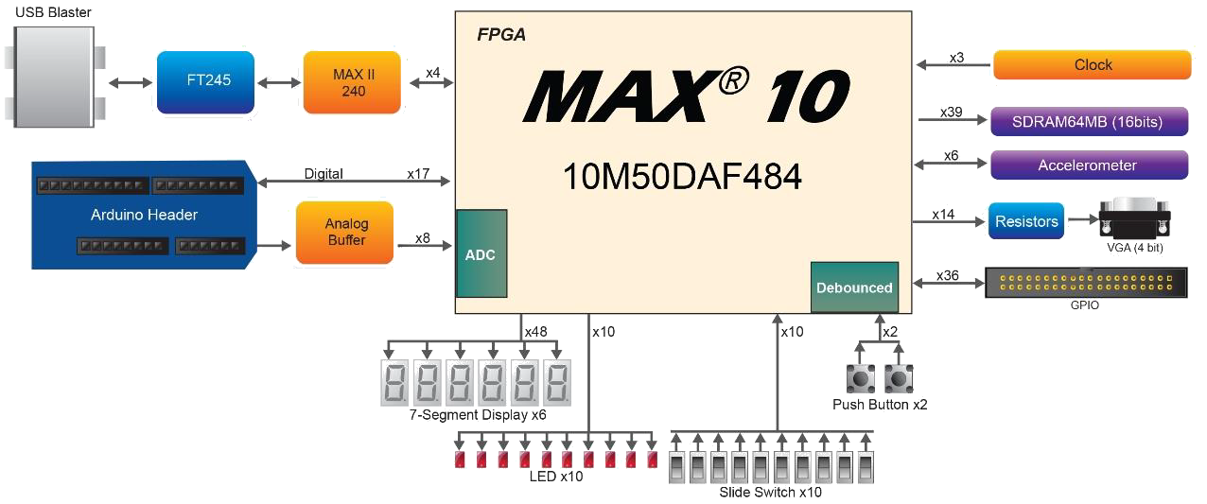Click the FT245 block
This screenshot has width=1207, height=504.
[206, 81]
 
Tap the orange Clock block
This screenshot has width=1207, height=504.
[1092, 65]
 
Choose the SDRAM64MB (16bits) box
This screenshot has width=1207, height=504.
[1088, 122]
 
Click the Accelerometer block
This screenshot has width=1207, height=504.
[1088, 165]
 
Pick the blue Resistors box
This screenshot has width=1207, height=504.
[1026, 221]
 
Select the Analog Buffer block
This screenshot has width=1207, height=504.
[345, 232]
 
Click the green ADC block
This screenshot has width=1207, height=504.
[481, 255]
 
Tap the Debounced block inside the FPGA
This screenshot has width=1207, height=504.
[854, 287]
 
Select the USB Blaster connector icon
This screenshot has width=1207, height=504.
[53, 77]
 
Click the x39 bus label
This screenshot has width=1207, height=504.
[951, 112]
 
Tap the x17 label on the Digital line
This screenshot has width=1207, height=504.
[418, 174]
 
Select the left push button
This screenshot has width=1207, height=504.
[859, 379]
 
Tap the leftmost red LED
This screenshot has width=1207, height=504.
[460, 460]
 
